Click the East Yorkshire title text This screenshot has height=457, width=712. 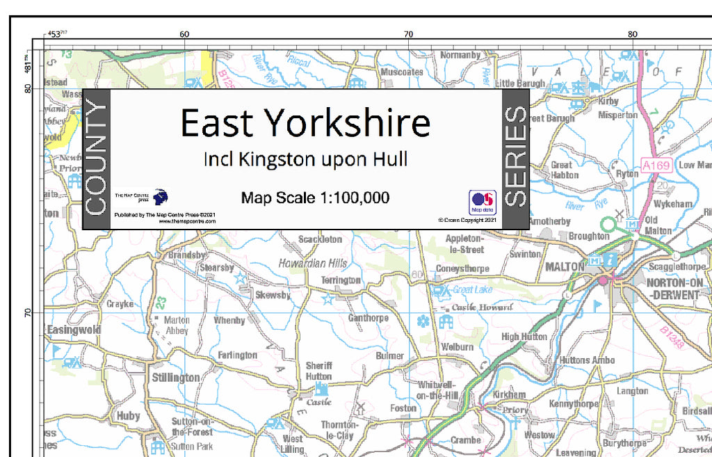click(x=305, y=123)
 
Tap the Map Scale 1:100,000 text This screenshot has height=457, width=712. click(x=315, y=198)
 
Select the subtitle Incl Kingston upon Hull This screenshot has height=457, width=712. click(x=305, y=159)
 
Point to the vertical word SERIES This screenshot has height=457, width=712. click(x=515, y=157)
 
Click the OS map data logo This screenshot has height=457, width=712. click(x=482, y=202)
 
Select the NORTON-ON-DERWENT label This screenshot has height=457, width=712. click(x=672, y=289)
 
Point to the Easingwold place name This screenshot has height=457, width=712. click(x=74, y=330)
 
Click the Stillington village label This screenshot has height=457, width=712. click(x=175, y=378)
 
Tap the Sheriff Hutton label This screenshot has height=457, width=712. click(x=319, y=371)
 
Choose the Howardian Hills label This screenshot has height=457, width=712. click(x=312, y=264)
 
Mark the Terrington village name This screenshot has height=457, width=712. click(x=341, y=280)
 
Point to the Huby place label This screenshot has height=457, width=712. click(x=128, y=416)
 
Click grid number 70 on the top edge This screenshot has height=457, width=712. click(x=408, y=34)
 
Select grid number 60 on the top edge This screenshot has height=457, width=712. click(x=184, y=34)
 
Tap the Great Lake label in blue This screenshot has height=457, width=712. click(x=473, y=289)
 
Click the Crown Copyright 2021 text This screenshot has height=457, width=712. click(x=468, y=220)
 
